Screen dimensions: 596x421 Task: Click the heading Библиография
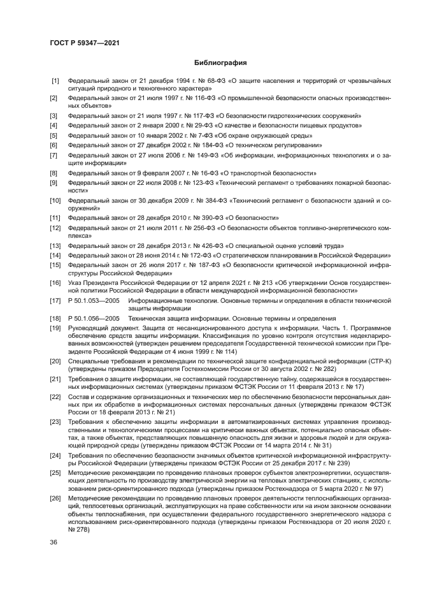220,62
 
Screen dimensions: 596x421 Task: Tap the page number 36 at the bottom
54,542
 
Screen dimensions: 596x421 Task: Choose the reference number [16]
55,282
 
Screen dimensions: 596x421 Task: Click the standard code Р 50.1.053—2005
94,299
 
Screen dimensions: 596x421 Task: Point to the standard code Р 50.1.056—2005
94,317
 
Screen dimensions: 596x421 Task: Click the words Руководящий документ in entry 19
96,327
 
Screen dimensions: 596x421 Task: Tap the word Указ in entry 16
75,282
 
